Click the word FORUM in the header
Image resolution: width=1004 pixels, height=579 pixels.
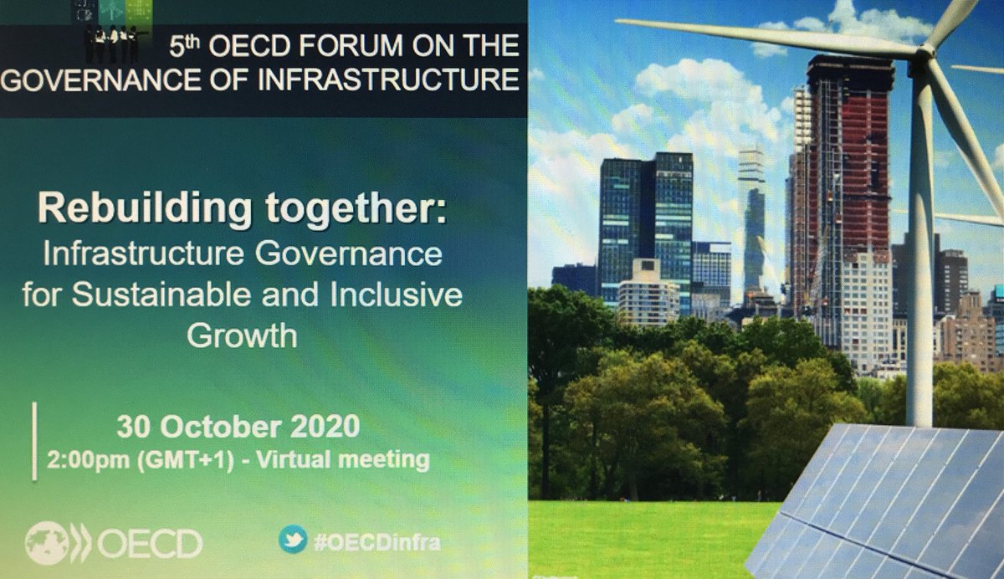point(352,46)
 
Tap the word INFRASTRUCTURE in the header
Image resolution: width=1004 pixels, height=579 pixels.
point(388,79)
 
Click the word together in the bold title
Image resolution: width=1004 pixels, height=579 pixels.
point(356,209)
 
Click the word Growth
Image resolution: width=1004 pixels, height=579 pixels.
point(242,336)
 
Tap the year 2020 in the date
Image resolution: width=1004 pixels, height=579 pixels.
point(325,426)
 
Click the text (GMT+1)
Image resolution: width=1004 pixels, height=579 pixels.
point(186,461)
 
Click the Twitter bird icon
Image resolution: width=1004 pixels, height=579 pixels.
point(293,539)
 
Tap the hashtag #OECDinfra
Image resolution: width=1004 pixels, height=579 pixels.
point(377,543)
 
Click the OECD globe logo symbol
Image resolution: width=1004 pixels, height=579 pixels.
point(59,543)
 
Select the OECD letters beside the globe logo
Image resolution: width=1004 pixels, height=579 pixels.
point(150,544)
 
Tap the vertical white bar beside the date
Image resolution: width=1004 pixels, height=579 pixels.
point(35,441)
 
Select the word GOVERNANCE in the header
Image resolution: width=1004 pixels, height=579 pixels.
point(101,79)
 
